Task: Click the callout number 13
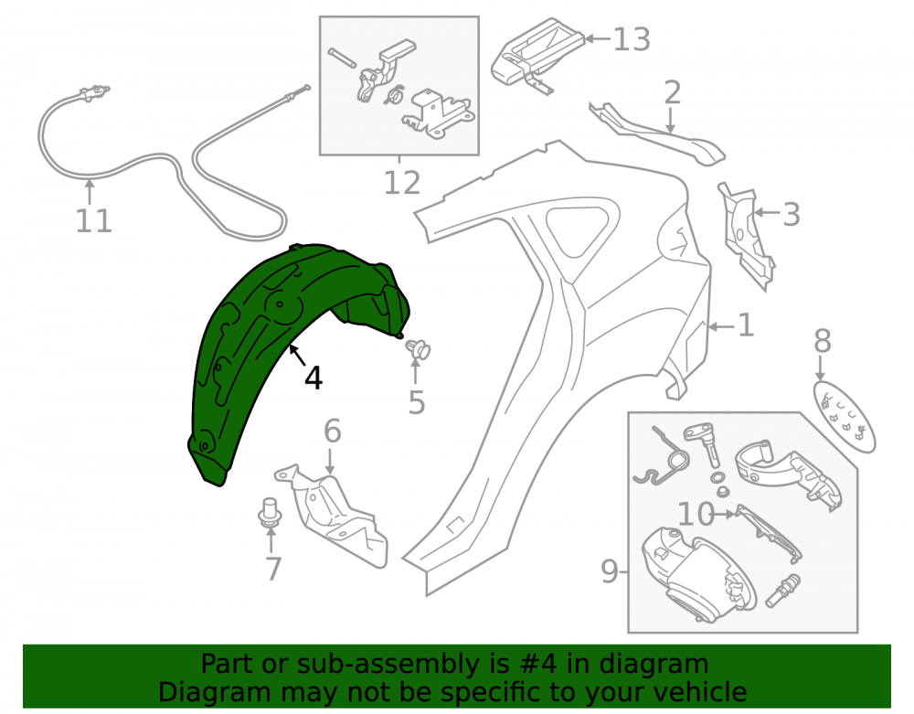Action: [x=632, y=39]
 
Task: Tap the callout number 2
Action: [x=672, y=93]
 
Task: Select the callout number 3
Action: [x=791, y=215]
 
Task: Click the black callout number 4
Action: [x=314, y=378]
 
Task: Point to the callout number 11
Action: [x=94, y=221]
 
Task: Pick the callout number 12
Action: [x=402, y=183]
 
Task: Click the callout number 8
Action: [x=823, y=341]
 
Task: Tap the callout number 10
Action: [x=696, y=514]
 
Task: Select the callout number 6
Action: [x=333, y=432]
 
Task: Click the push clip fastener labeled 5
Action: [x=418, y=350]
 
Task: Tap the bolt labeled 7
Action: [x=270, y=513]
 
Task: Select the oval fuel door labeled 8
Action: [x=844, y=416]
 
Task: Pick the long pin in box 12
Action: [x=342, y=58]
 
